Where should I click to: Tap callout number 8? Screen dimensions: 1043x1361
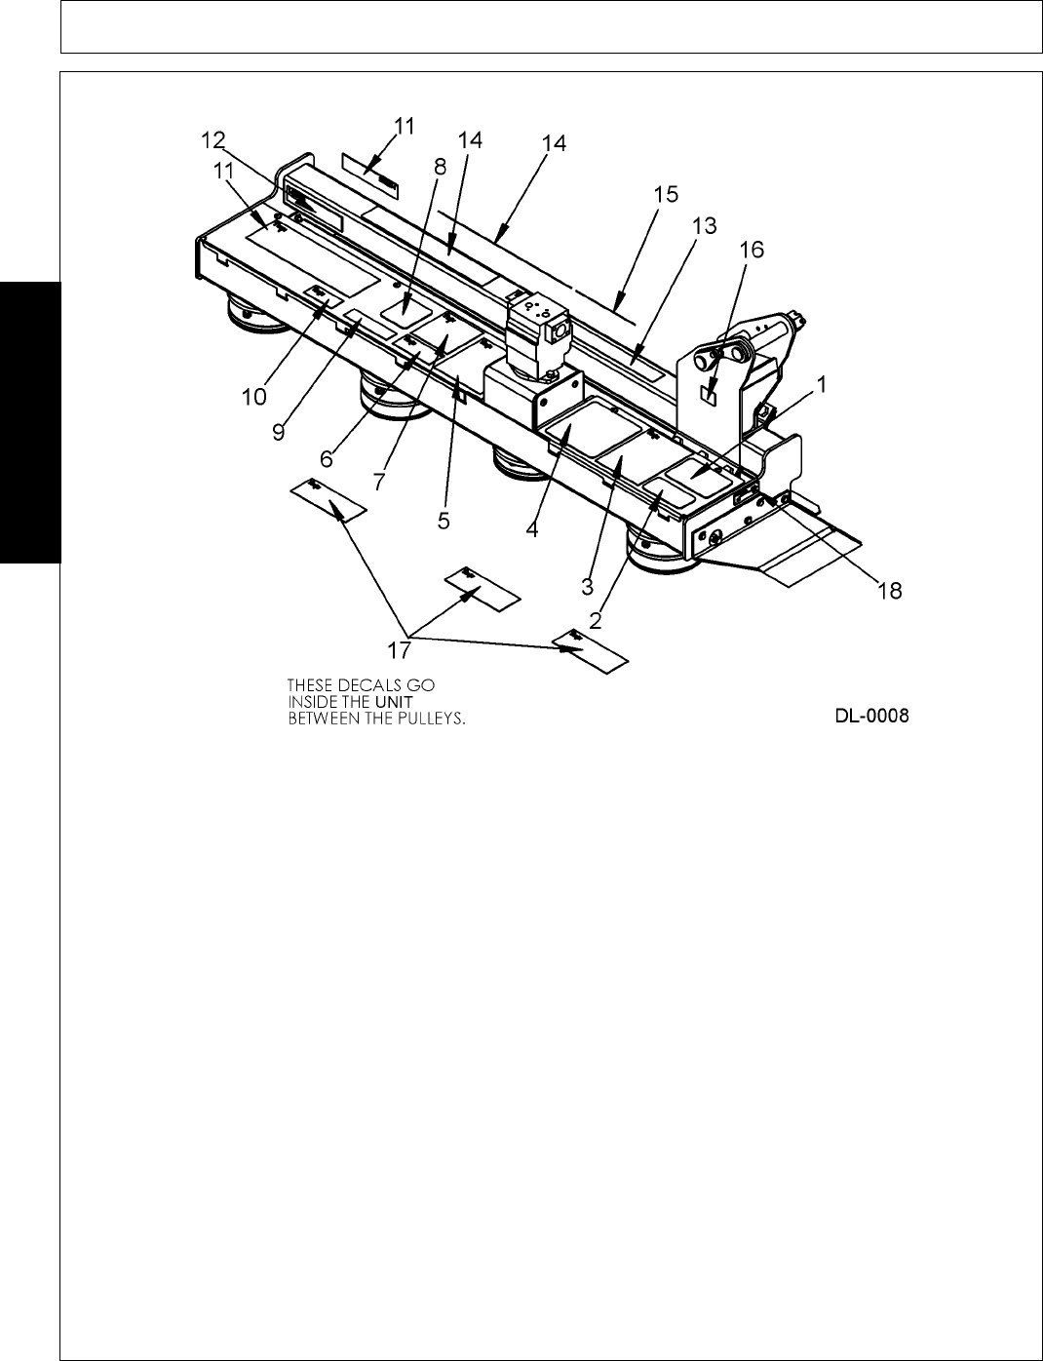(x=440, y=166)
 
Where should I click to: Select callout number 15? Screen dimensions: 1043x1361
(x=666, y=194)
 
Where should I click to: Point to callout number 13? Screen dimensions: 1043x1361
(x=704, y=225)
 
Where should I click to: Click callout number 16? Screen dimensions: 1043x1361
(x=752, y=250)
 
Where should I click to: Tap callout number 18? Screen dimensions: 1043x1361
(x=891, y=589)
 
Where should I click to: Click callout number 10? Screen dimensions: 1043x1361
(x=254, y=397)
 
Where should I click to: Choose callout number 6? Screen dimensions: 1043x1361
(x=328, y=456)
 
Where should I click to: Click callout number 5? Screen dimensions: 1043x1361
(x=444, y=521)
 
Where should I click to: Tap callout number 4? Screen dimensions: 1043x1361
(x=532, y=529)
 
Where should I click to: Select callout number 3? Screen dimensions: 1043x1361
(x=588, y=586)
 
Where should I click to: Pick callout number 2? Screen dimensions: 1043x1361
(x=596, y=617)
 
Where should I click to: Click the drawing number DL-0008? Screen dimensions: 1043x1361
(x=871, y=717)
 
